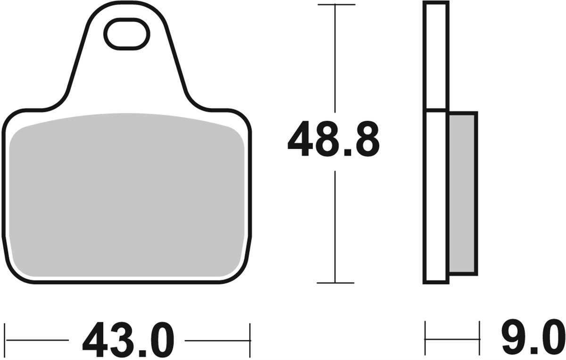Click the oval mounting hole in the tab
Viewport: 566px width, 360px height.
pyautogui.click(x=126, y=34)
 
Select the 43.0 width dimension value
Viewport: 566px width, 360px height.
pyautogui.click(x=128, y=340)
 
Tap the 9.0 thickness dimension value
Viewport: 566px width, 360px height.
pyautogui.click(x=532, y=338)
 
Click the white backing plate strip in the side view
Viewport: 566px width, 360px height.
pyautogui.click(x=436, y=142)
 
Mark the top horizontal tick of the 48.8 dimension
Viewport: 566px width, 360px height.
pyautogui.click(x=335, y=5)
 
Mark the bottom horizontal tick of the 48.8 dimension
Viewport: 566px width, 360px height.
pyautogui.click(x=335, y=283)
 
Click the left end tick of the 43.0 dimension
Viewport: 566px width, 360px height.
pyautogui.click(x=5, y=340)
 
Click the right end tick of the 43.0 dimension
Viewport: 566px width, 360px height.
pyautogui.click(x=250, y=340)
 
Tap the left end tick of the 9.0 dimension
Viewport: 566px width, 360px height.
pyautogui.click(x=425, y=338)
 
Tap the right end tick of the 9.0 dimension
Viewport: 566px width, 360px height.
pyautogui.click(x=479, y=338)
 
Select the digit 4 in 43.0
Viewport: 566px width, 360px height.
pyautogui.click(x=96, y=340)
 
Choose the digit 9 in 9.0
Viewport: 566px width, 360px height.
pyautogui.click(x=512, y=338)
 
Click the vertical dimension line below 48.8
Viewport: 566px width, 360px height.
pyautogui.click(x=335, y=226)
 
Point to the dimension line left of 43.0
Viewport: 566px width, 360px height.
pyautogui.click(x=38, y=340)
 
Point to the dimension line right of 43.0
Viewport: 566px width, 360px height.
pyautogui.click(x=217, y=340)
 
